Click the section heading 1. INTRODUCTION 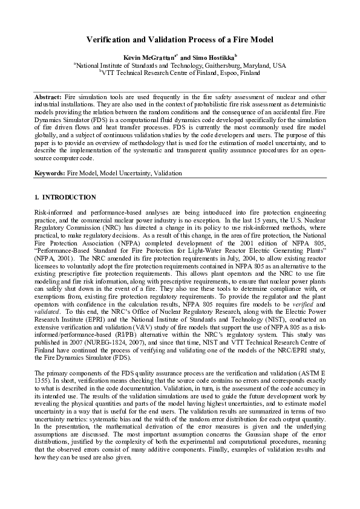(x=65, y=197)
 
